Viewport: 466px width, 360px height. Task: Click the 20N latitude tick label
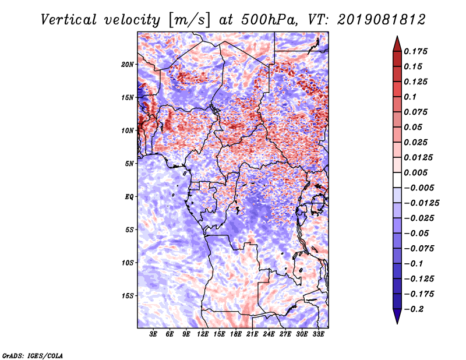[x=128, y=65]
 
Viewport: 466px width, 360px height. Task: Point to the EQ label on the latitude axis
[x=129, y=197]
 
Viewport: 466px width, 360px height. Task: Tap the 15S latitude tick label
[x=128, y=296]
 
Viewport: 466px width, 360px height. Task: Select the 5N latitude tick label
[x=129, y=164]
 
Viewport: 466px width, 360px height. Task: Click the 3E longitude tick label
[x=153, y=334]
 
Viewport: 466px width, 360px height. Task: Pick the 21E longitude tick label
[x=252, y=334]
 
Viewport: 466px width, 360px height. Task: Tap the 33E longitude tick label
[x=318, y=334]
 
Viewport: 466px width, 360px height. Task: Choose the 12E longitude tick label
[x=202, y=334]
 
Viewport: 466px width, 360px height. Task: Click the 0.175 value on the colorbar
[x=415, y=51]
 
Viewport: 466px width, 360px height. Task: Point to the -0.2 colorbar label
[x=414, y=309]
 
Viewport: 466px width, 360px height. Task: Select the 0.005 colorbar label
[x=415, y=172]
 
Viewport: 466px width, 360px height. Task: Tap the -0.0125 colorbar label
[x=421, y=203]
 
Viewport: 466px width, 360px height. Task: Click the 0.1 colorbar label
[x=410, y=97]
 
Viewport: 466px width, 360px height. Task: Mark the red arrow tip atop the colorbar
[x=397, y=36]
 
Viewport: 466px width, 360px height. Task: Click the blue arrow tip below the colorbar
[x=397, y=324]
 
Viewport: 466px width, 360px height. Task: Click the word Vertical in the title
[x=69, y=20]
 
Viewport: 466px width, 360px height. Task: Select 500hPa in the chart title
[x=269, y=20]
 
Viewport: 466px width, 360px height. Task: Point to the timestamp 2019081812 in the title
[x=382, y=20]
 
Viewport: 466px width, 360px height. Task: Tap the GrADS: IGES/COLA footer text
[x=33, y=356]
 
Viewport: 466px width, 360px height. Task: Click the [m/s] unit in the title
[x=189, y=20]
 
